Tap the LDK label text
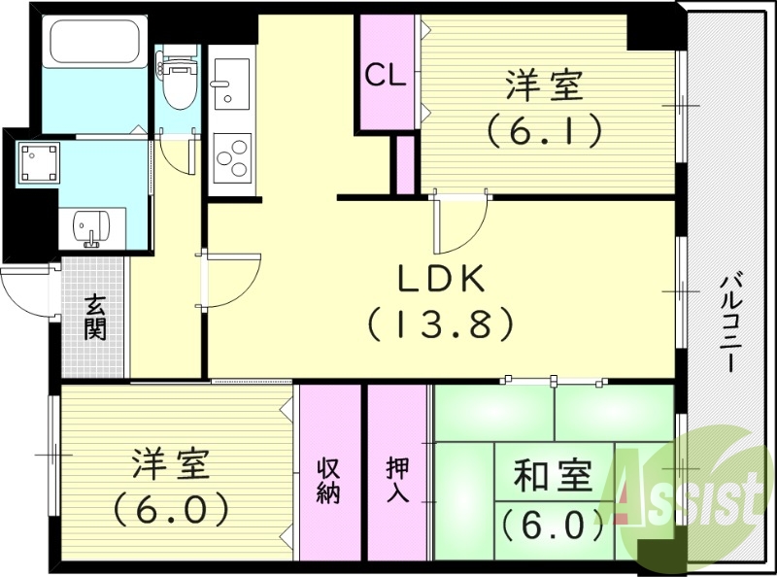pos(440,279)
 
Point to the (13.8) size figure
pos(440,324)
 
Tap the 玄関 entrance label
pos(95,317)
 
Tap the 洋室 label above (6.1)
pos(544,85)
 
